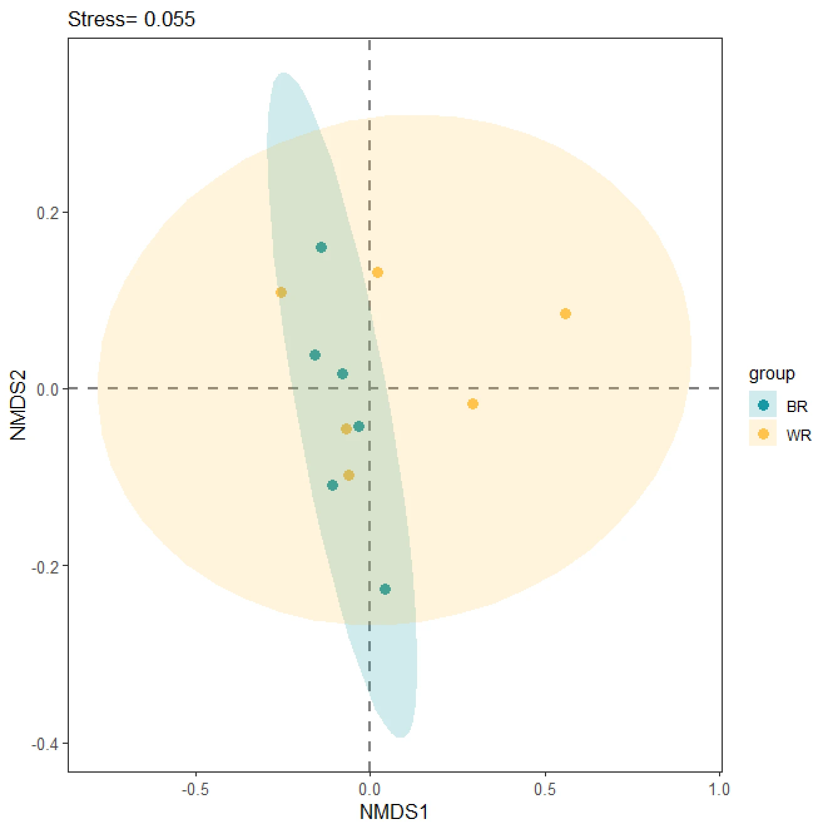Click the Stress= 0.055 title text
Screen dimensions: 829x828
(x=132, y=19)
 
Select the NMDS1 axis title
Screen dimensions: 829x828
(x=393, y=812)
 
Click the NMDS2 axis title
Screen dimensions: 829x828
(x=18, y=405)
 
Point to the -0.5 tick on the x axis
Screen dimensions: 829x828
(x=195, y=790)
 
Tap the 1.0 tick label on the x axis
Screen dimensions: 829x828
(x=719, y=790)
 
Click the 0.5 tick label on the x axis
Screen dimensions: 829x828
(x=544, y=790)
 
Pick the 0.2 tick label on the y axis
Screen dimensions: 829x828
(x=48, y=213)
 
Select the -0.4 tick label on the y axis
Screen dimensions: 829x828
(x=45, y=744)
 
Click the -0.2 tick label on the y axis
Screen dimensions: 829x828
(x=45, y=567)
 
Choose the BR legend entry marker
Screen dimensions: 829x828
(x=763, y=405)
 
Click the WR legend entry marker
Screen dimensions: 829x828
(x=763, y=434)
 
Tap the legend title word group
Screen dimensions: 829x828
(x=772, y=374)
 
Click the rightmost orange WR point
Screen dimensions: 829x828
(x=565, y=314)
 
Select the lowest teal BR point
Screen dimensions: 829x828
(x=385, y=589)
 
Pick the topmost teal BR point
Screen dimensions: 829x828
(x=321, y=247)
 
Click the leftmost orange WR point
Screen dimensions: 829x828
(x=281, y=292)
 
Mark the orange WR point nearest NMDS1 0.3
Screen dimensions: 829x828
(x=473, y=404)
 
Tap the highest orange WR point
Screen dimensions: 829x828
(x=378, y=272)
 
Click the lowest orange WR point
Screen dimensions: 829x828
(x=349, y=475)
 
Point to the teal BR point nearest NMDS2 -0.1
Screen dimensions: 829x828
(x=333, y=485)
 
